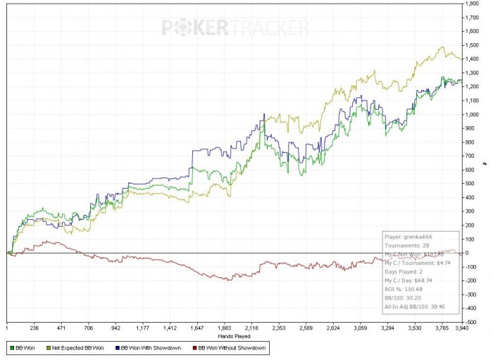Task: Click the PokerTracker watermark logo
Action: [235, 27]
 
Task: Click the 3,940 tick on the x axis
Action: [461, 328]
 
